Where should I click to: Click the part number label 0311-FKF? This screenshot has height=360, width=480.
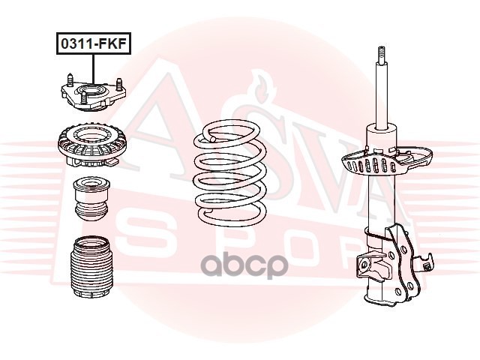93,43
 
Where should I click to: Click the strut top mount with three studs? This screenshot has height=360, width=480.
93,94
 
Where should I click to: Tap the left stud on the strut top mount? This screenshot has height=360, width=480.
70,79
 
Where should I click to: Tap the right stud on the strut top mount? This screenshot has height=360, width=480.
119,85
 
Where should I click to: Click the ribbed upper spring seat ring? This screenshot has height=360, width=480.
92,145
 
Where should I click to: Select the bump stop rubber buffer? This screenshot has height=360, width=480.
91,199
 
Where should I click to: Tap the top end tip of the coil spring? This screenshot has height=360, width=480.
212,139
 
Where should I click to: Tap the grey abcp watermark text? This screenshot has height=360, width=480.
244,265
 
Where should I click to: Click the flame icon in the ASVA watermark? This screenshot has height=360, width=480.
261,85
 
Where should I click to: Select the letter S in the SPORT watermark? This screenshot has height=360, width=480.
146,235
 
